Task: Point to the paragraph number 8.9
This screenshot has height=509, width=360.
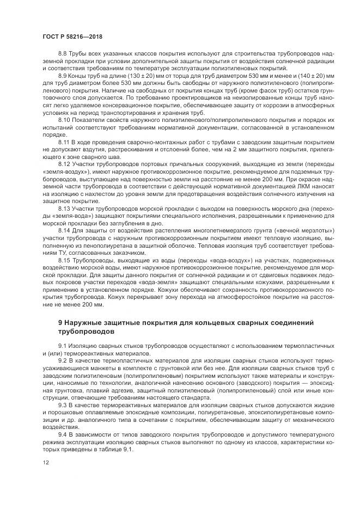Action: [x=63, y=74]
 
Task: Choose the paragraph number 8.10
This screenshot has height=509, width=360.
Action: [x=64, y=119]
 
